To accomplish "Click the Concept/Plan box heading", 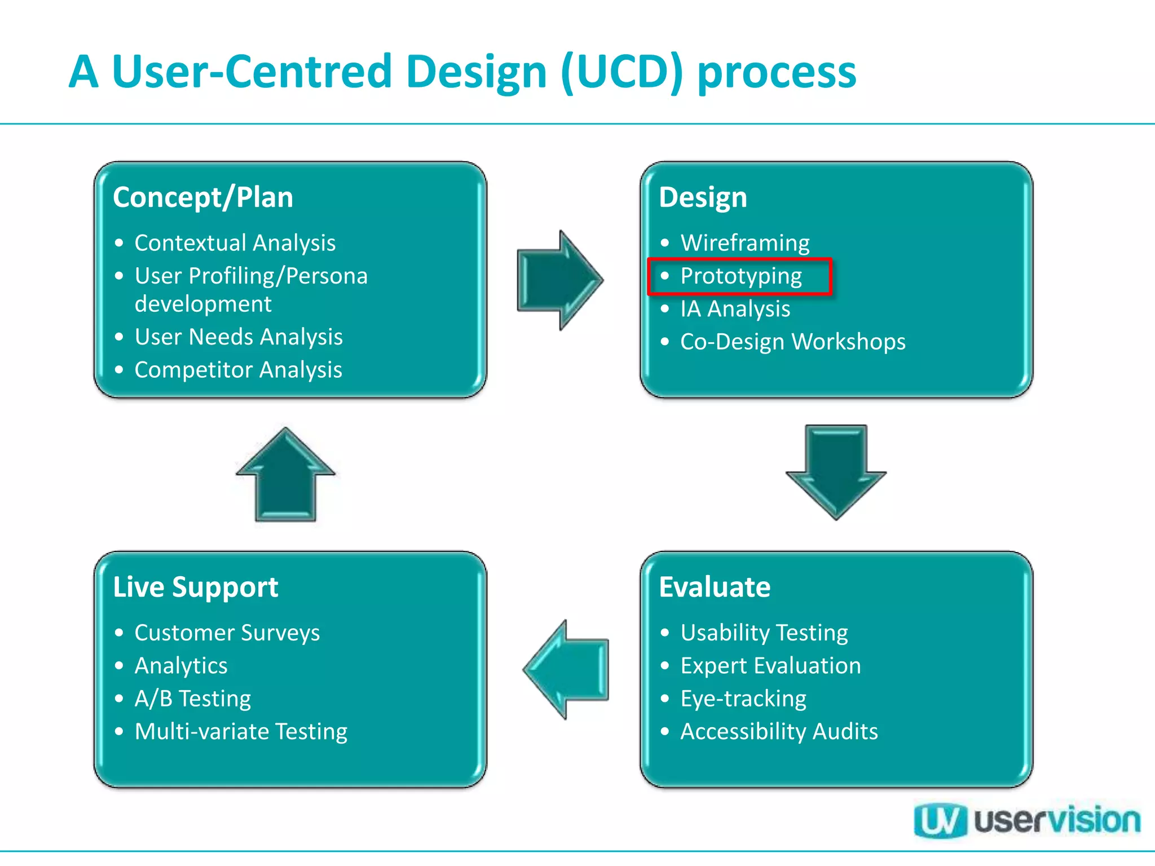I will pyautogui.click(x=203, y=197).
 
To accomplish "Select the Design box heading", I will pyautogui.click(x=703, y=197).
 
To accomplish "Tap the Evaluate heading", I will pyautogui.click(x=715, y=587).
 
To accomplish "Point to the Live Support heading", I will pyautogui.click(x=195, y=587).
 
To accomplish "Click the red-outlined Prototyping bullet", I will pyautogui.click(x=740, y=276).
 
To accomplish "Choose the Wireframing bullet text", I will pyautogui.click(x=744, y=243).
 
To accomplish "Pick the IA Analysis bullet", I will pyautogui.click(x=735, y=309).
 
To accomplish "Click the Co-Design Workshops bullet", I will pyautogui.click(x=792, y=342).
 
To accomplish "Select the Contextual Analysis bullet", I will pyautogui.click(x=235, y=243).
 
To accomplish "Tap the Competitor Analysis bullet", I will pyautogui.click(x=238, y=370).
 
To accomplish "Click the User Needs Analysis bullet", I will pyautogui.click(x=238, y=337).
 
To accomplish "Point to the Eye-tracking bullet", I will pyautogui.click(x=743, y=699).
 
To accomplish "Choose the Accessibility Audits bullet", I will pyautogui.click(x=778, y=731).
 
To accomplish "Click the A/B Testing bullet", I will pyautogui.click(x=192, y=699).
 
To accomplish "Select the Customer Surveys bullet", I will pyautogui.click(x=227, y=633).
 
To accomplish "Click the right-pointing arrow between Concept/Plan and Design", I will pyautogui.click(x=558, y=280).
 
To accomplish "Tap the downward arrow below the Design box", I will pyautogui.click(x=836, y=471).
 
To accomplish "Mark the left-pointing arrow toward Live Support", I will pyautogui.click(x=567, y=670).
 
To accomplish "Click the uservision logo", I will pyautogui.click(x=1026, y=820).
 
